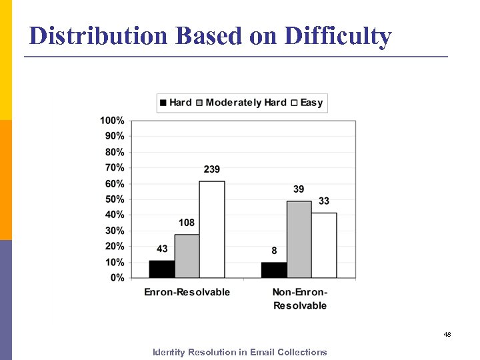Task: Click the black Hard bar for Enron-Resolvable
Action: [162, 269]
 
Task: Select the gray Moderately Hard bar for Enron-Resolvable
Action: [187, 256]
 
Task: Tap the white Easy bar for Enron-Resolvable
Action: [212, 229]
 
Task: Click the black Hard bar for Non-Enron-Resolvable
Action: [273, 270]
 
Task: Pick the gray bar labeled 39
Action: [299, 239]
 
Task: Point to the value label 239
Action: [212, 169]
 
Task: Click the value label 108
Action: [187, 223]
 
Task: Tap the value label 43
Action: [162, 249]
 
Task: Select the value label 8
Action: [274, 251]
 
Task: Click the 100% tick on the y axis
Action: [112, 121]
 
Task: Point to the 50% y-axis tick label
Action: [114, 199]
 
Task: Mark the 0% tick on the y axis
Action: [117, 277]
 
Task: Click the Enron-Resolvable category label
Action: [187, 292]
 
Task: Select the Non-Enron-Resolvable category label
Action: [300, 299]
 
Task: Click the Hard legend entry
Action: [175, 103]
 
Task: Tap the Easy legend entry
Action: [307, 103]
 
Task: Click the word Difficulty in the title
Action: [337, 36]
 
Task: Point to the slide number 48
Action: [447, 334]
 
